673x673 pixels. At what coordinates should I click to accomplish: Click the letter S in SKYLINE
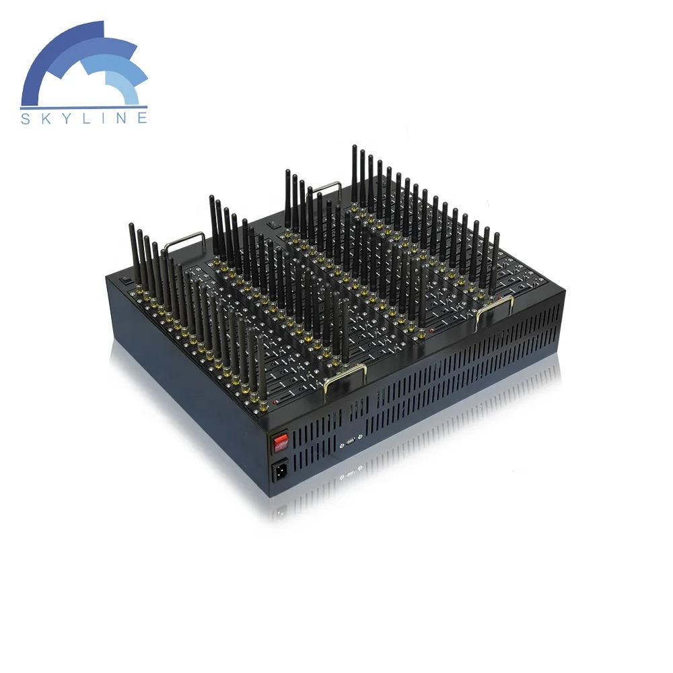26,118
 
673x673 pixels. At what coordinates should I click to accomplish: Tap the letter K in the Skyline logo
44,118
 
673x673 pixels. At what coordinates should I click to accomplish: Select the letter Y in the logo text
65,118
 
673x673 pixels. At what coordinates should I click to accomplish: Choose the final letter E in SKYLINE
143,118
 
